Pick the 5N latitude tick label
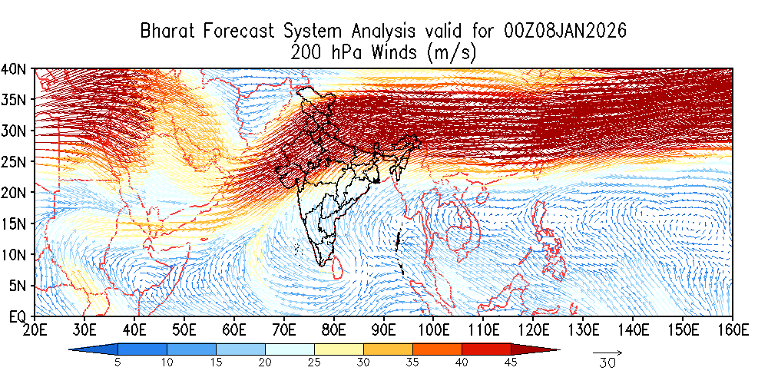point(18,286)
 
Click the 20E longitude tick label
point(35,329)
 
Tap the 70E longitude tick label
point(284,329)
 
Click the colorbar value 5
point(118,362)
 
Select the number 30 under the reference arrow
point(607,364)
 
